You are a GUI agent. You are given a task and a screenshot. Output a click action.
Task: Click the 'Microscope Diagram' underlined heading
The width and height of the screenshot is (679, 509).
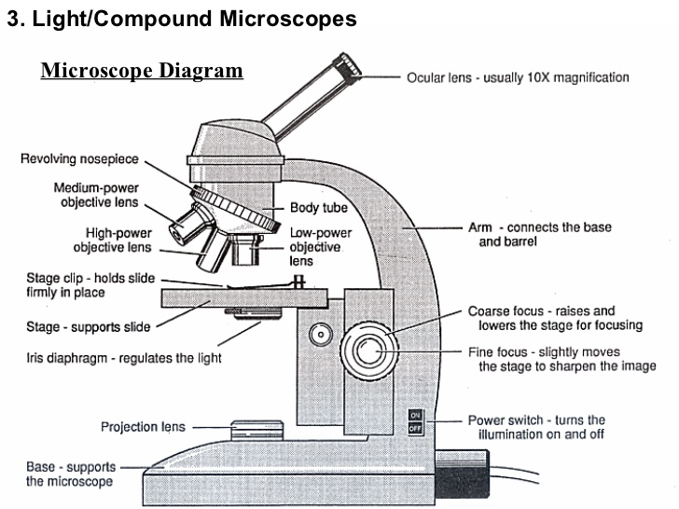click(x=142, y=71)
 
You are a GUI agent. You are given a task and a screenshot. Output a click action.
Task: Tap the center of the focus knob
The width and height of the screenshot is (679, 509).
click(x=367, y=351)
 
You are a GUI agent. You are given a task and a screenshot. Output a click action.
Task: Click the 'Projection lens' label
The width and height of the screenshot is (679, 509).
click(x=143, y=427)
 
